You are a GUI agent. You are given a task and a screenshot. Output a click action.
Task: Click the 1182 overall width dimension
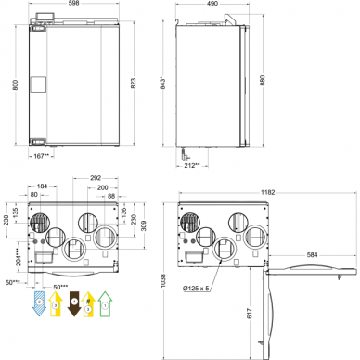[x=266, y=192]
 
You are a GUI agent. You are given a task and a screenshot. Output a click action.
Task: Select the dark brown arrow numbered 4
[x=73, y=302]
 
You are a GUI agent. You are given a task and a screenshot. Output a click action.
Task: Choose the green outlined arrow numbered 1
[x=106, y=302]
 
